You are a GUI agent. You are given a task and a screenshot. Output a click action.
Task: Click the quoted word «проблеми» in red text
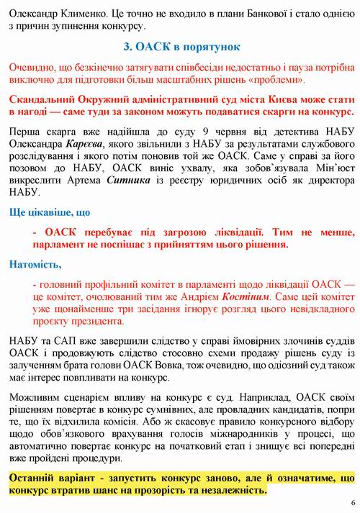(x=284, y=78)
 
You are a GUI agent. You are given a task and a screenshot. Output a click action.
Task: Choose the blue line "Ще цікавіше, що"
(x=50, y=213)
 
